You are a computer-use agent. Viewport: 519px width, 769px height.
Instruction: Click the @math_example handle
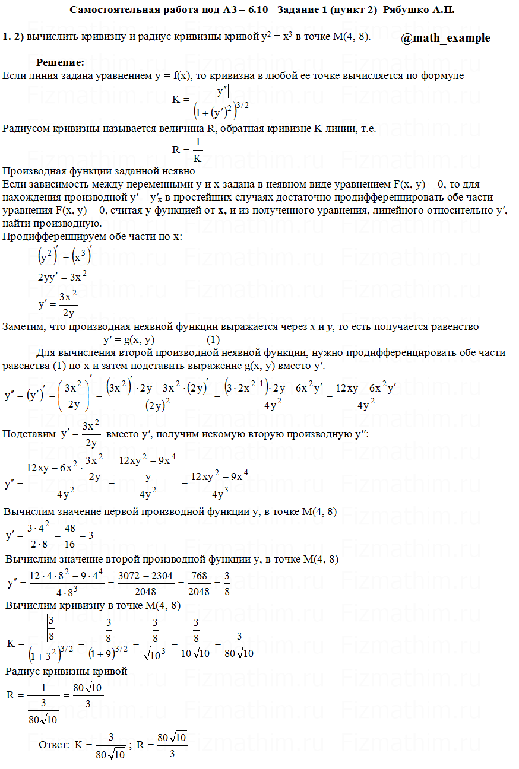[445, 38]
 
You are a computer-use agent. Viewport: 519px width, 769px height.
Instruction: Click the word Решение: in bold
[60, 62]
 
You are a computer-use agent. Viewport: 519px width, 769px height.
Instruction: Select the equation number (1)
[214, 340]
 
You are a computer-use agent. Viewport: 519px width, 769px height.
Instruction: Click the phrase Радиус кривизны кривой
[67, 672]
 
